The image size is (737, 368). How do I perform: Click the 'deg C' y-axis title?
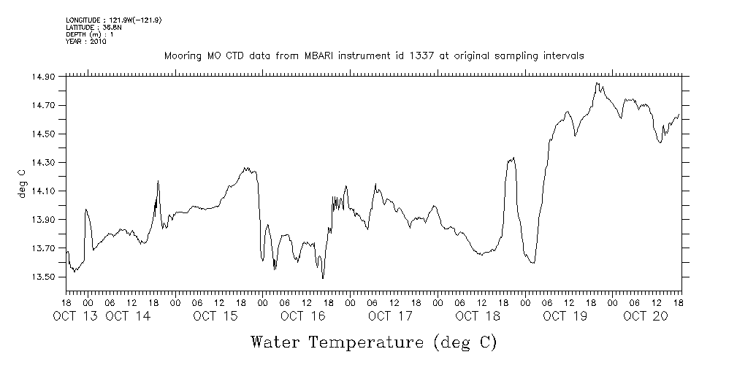point(21,183)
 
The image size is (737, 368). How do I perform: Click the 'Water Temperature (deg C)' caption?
point(373,342)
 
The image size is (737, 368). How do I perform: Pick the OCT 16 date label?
point(302,316)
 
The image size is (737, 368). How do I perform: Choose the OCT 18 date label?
point(477,316)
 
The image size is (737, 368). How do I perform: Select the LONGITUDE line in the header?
point(113,20)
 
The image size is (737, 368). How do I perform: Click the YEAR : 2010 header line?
point(86,42)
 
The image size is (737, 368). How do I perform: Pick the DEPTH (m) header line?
point(89,34)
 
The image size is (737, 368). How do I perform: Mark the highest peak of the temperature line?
point(597,83)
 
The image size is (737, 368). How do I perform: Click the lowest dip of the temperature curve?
point(323,278)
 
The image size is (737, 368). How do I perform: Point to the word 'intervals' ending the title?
point(564,56)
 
